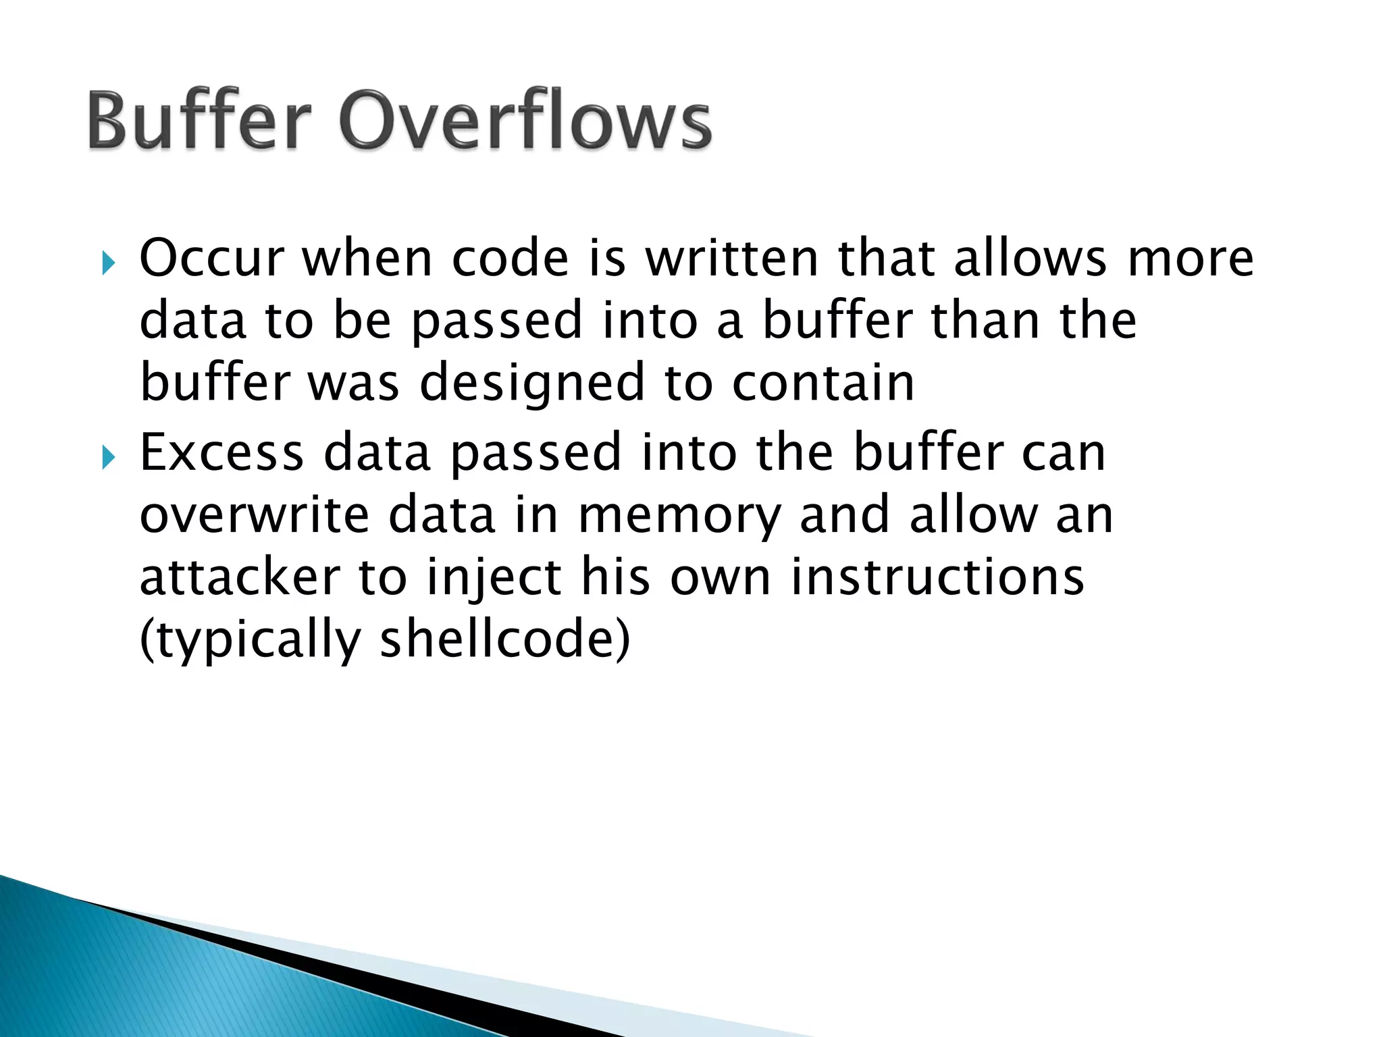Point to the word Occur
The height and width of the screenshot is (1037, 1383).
(x=211, y=259)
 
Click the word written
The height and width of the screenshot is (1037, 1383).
(x=731, y=259)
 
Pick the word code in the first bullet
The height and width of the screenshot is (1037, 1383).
(x=510, y=259)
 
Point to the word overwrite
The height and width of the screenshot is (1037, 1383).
(x=254, y=515)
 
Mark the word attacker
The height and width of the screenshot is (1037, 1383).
(x=240, y=578)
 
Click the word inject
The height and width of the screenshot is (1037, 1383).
(x=494, y=579)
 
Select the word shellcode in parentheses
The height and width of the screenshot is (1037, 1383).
(x=496, y=639)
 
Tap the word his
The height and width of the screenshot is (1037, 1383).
(x=615, y=578)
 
